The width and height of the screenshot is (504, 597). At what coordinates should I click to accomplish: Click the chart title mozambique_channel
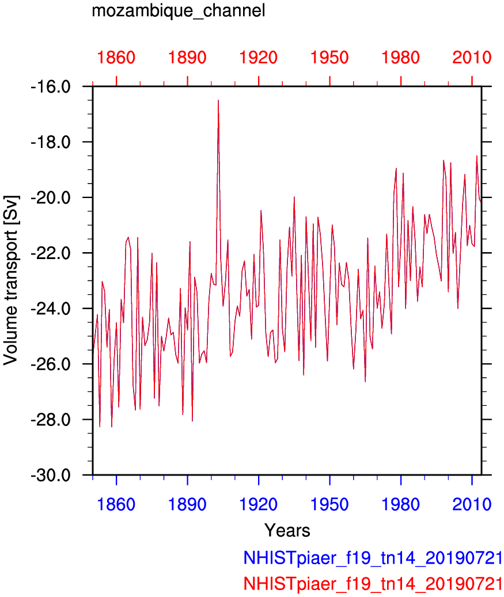pyautogui.click(x=179, y=11)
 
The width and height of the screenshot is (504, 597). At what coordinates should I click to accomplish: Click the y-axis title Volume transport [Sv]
pyautogui.click(x=11, y=280)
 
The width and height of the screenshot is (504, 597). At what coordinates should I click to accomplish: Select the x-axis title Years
pyautogui.click(x=287, y=530)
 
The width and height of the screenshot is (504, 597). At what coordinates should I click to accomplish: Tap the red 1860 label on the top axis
pyautogui.click(x=116, y=58)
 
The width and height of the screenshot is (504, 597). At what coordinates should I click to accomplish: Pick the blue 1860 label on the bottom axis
pyautogui.click(x=116, y=504)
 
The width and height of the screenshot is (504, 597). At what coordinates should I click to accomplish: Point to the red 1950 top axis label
pyautogui.click(x=329, y=58)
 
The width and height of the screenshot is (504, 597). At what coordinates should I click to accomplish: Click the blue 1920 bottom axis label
pyautogui.click(x=258, y=504)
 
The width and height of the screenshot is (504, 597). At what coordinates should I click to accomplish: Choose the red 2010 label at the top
pyautogui.click(x=472, y=58)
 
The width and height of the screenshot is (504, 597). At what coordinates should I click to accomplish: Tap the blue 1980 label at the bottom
pyautogui.click(x=400, y=504)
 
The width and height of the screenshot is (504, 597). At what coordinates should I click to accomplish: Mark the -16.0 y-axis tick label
pyautogui.click(x=51, y=87)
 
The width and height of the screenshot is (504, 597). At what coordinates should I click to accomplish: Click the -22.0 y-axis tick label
pyautogui.click(x=51, y=253)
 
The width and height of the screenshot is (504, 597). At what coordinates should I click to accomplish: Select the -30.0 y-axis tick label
pyautogui.click(x=51, y=475)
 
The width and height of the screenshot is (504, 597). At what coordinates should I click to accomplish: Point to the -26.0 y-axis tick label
pyautogui.click(x=51, y=364)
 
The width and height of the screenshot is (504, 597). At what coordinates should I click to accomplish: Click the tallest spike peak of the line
pyautogui.click(x=218, y=100)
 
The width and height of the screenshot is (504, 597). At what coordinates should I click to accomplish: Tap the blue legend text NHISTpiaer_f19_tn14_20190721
pyautogui.click(x=373, y=558)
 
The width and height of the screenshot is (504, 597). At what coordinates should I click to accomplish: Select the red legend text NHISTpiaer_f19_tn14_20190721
pyautogui.click(x=373, y=583)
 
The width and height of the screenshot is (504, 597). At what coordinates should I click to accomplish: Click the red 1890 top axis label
pyautogui.click(x=187, y=58)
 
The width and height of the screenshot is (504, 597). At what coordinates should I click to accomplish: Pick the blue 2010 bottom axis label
pyautogui.click(x=472, y=504)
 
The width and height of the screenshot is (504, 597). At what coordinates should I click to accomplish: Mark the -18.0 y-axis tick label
pyautogui.click(x=51, y=142)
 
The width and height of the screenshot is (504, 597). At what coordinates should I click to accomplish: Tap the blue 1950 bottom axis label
pyautogui.click(x=329, y=504)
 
